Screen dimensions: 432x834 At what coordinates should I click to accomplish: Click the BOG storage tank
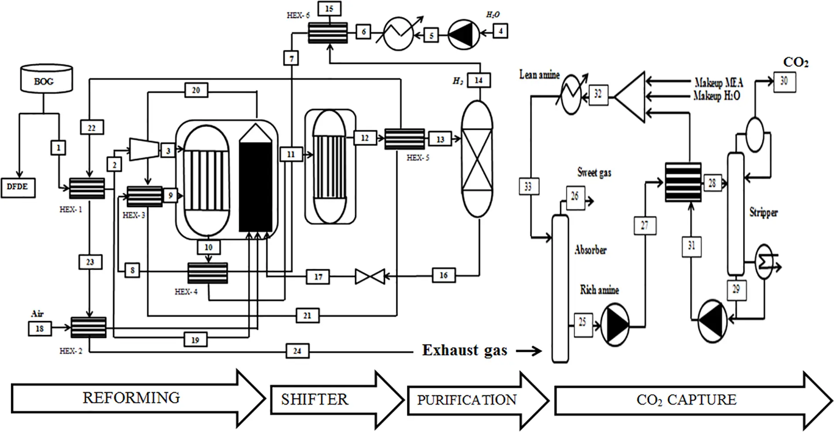coord(47,79)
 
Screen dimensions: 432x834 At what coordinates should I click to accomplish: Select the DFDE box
coord(18,188)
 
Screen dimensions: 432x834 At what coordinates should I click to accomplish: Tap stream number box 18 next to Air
coord(40,328)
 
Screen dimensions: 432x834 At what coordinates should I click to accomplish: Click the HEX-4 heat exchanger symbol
coord(208,273)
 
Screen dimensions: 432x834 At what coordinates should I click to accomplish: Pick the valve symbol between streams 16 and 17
coord(370,277)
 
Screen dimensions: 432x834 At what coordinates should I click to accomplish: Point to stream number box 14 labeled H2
coord(478,80)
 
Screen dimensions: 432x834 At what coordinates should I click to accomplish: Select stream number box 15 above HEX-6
coord(329,9)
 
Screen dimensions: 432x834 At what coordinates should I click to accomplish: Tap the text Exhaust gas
coord(464,350)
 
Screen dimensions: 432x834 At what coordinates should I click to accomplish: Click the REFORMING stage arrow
coord(132,398)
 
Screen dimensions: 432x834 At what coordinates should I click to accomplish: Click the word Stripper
coord(763,213)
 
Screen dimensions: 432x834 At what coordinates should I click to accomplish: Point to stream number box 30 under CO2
coord(784,81)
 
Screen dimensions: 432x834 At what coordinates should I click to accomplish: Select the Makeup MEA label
coord(719,82)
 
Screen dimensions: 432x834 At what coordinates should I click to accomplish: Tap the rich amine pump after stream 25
coord(615,325)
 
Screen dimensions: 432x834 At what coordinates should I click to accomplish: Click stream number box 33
coord(528,187)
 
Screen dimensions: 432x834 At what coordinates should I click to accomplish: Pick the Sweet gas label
coord(594,172)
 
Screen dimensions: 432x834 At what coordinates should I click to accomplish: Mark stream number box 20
coord(196,90)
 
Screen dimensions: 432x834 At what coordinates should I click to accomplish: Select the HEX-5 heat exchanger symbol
coord(404,139)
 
